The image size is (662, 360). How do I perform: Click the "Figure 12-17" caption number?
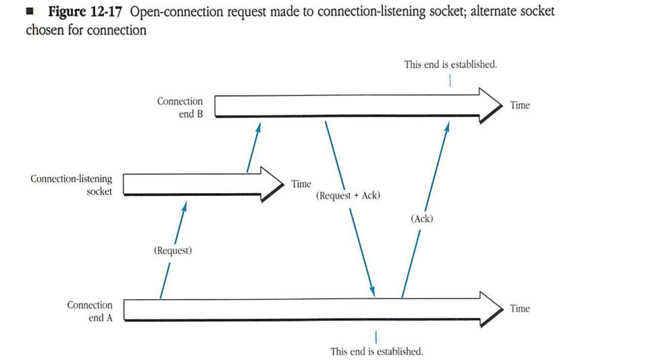pos(84,12)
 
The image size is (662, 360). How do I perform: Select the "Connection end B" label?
pos(180,107)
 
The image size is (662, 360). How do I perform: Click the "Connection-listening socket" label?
pos(72,185)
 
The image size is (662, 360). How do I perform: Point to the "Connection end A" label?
pos(90,311)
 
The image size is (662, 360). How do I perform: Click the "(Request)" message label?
pos(173,251)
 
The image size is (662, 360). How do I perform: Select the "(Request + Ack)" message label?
pos(348,196)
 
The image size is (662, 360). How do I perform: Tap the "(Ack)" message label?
pos(422,218)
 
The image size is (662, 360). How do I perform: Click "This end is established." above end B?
pos(451,65)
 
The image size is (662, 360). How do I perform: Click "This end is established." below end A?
pos(376,351)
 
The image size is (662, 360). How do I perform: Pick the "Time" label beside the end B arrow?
pos(519,105)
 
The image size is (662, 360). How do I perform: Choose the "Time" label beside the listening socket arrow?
pos(301,184)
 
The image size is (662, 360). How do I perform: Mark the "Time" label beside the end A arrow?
pos(519,309)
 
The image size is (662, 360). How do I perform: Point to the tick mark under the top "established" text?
pos(451,80)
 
